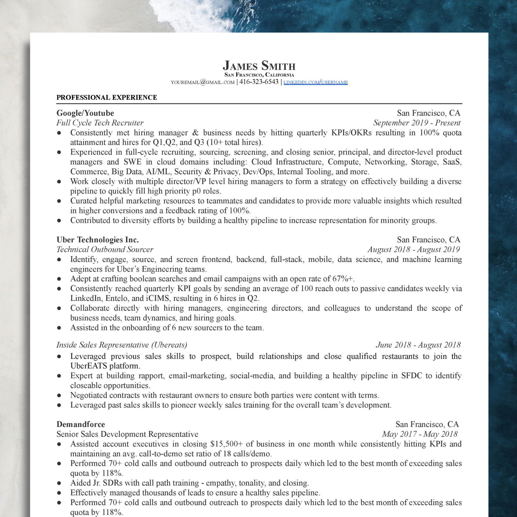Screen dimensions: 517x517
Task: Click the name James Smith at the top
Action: (x=259, y=65)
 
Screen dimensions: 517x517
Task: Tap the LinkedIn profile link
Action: (x=316, y=82)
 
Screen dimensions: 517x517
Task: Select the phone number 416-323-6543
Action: (x=259, y=82)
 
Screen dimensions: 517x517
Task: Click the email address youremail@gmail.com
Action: (x=203, y=82)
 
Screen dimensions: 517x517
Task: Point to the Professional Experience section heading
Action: (x=107, y=97)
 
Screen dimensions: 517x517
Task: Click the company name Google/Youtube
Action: (x=85, y=113)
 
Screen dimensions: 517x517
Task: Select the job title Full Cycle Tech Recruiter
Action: (x=100, y=123)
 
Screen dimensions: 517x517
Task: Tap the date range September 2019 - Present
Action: (x=417, y=123)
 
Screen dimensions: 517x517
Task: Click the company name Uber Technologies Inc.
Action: (x=98, y=240)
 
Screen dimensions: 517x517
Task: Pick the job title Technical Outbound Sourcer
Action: (x=105, y=249)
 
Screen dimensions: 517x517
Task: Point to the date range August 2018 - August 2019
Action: (x=413, y=249)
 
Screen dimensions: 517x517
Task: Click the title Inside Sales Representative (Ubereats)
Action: (x=122, y=345)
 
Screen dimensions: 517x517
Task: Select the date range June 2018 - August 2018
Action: (x=418, y=345)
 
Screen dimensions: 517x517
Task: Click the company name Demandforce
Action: (x=81, y=424)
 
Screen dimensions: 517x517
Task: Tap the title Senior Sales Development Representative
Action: (x=127, y=434)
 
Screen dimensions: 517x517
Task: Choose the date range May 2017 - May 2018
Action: (x=420, y=434)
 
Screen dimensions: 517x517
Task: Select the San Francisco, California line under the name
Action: (x=259, y=75)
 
